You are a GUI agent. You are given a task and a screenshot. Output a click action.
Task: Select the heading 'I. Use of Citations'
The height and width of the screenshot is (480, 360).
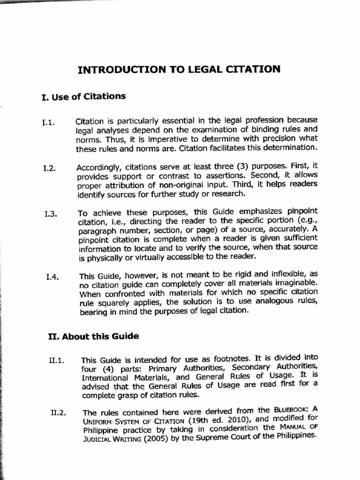[x=83, y=97]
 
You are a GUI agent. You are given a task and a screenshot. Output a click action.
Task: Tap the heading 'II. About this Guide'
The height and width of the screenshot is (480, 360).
[x=94, y=337]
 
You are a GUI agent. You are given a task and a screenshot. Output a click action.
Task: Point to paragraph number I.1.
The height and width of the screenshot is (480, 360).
[x=48, y=123]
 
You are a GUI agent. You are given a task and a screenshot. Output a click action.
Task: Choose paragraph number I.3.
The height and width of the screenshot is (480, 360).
[x=51, y=214]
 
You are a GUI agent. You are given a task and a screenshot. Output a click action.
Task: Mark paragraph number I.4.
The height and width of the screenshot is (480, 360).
[x=52, y=277]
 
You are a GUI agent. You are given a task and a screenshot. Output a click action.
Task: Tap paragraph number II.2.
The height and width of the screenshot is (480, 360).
[x=58, y=413]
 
